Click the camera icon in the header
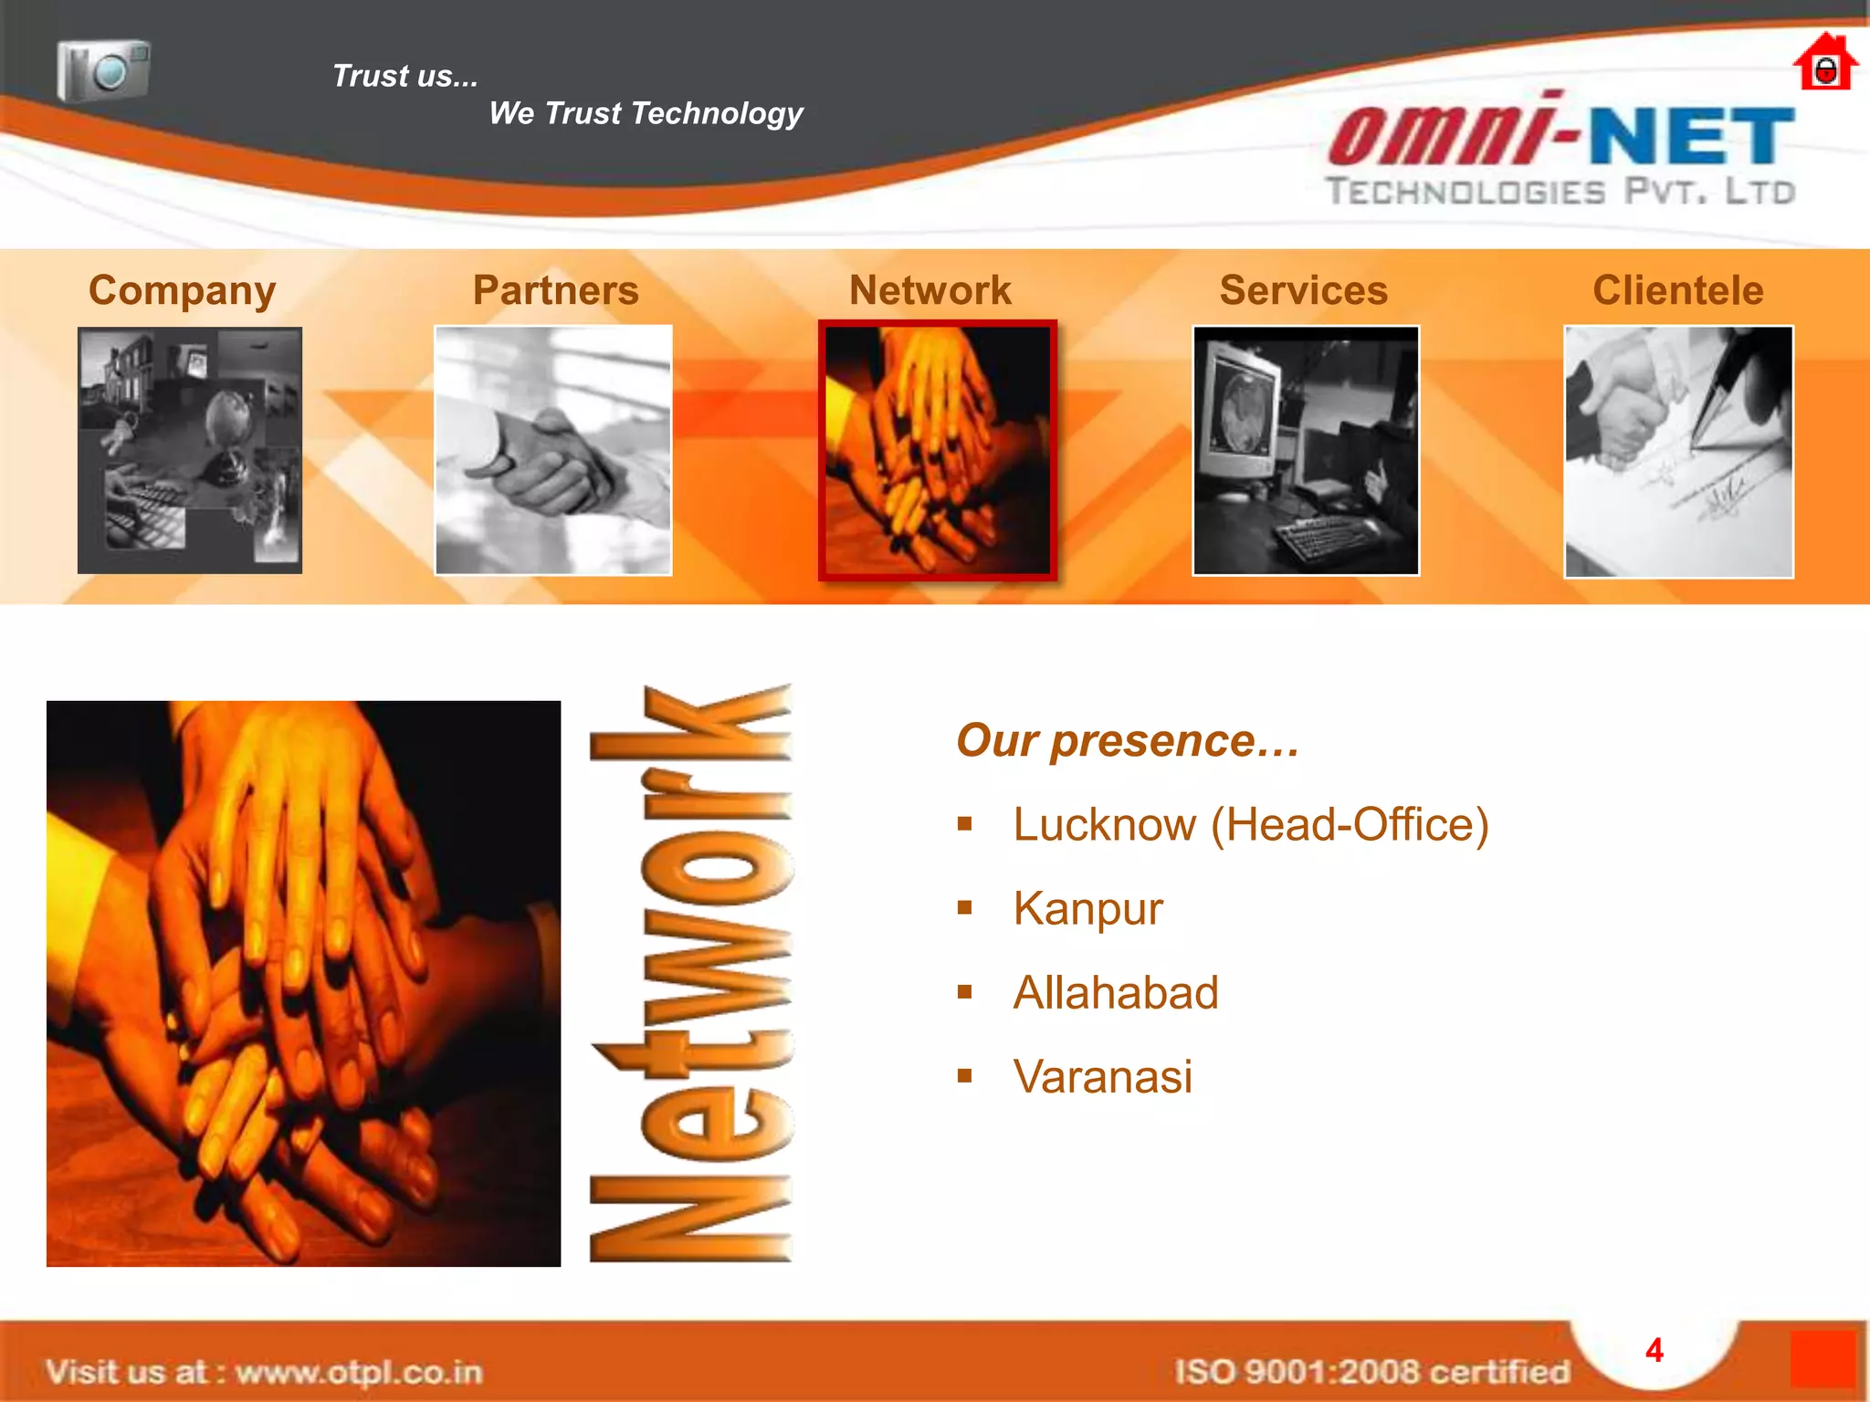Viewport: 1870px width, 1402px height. [x=103, y=69]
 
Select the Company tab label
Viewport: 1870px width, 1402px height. [x=182, y=291]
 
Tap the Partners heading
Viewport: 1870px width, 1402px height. [x=555, y=290]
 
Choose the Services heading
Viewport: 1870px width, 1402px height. [x=1303, y=290]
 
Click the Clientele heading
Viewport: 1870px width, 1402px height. [x=1677, y=290]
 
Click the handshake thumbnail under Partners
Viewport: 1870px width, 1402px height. [x=553, y=450]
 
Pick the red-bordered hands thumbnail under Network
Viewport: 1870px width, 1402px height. [x=938, y=451]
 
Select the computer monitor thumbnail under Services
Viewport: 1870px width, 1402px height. [x=1306, y=451]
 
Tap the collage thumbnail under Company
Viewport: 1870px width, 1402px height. [x=190, y=451]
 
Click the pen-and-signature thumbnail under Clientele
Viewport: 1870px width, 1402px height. [x=1678, y=452]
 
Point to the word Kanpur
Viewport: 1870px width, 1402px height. [x=1087, y=909]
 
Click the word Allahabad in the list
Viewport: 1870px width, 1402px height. [x=1116, y=993]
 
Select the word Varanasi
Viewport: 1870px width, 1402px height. [x=1102, y=1077]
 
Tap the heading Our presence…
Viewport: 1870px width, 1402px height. [x=1128, y=740]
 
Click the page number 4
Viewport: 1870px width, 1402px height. [x=1654, y=1351]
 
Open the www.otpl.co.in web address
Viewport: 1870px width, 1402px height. [x=358, y=1372]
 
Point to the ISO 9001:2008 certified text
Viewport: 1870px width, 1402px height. [x=1371, y=1372]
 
